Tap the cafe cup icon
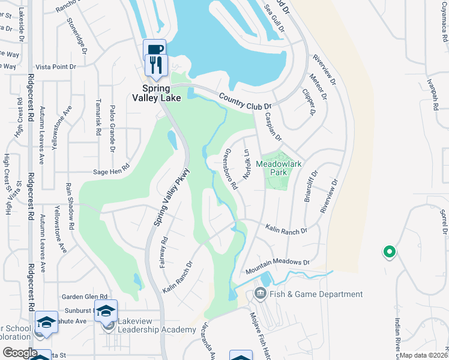(x=154, y=49)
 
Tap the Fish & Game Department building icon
(x=260, y=294)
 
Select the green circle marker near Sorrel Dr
(x=389, y=252)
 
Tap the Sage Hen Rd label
(x=112, y=171)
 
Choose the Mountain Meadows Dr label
(x=277, y=262)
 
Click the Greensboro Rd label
(x=231, y=170)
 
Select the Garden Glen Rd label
(x=85, y=296)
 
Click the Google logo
(x=20, y=353)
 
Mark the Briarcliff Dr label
(x=310, y=187)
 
